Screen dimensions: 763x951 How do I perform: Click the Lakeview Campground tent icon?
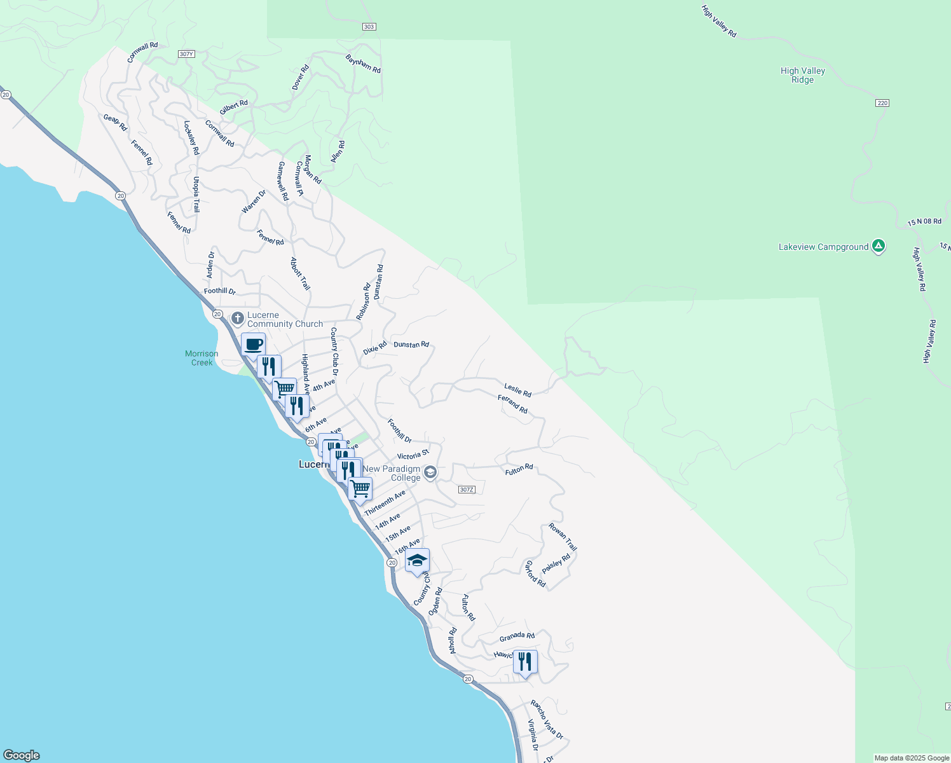[878, 246]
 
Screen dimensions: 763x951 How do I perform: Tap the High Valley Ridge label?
[802, 75]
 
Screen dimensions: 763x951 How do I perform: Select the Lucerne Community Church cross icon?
[238, 318]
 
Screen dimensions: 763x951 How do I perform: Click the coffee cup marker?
[253, 345]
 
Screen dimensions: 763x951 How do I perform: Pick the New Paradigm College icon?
[430, 472]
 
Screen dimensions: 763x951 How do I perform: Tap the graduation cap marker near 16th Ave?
[417, 560]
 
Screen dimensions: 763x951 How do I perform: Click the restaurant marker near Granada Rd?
[524, 662]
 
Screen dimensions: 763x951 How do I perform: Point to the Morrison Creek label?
[202, 358]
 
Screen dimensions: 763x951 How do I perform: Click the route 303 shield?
[369, 27]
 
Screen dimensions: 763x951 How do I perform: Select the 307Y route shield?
[186, 54]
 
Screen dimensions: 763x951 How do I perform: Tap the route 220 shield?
[882, 103]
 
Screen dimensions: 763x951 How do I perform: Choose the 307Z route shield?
[466, 490]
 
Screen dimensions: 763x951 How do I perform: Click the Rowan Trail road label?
[563, 537]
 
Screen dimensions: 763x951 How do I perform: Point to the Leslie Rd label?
[517, 390]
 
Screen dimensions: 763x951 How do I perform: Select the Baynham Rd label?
[363, 64]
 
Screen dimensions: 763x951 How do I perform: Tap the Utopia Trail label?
[196, 195]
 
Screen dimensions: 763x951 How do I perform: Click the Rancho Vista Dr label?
[547, 719]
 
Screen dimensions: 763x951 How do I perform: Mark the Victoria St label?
[413, 455]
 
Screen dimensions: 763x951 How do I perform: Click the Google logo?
[22, 755]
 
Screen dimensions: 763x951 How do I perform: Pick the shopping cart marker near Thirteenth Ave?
[360, 489]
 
